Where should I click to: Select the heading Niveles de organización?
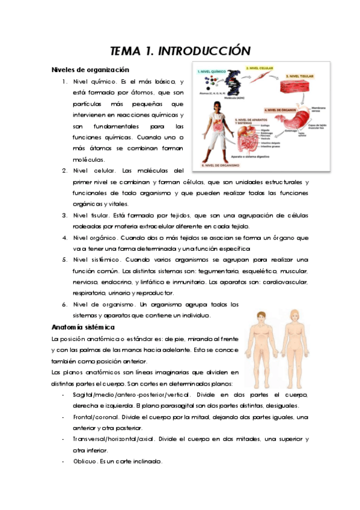90,69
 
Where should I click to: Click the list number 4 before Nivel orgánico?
64,237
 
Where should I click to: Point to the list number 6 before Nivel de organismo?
64,304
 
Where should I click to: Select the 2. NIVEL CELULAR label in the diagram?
258,68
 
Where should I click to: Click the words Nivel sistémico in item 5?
96,259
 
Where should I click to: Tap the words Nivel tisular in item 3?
91,215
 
